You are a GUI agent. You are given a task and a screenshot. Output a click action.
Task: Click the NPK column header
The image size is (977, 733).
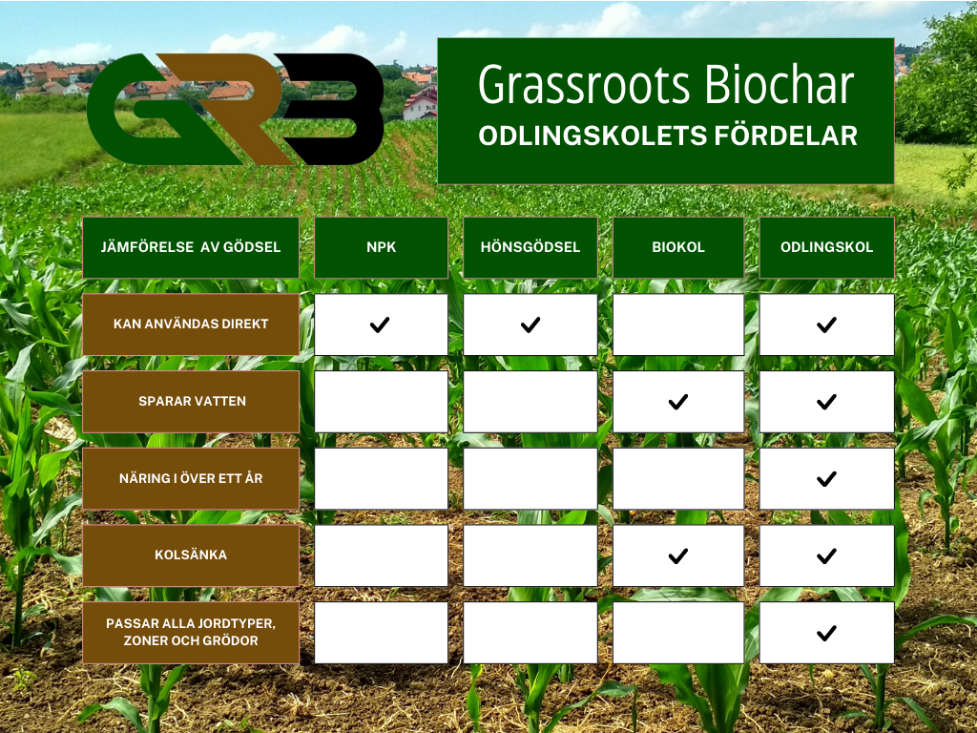[381, 247]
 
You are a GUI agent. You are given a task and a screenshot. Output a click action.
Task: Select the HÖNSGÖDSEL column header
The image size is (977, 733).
[530, 247]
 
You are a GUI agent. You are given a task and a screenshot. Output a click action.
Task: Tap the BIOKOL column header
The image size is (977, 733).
[678, 247]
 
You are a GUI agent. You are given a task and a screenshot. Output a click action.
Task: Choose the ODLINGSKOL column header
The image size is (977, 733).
[827, 247]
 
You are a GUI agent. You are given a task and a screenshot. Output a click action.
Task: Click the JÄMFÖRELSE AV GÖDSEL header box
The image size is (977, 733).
[191, 247]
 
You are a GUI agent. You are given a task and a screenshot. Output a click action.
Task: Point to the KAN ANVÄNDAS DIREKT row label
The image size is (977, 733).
[191, 325]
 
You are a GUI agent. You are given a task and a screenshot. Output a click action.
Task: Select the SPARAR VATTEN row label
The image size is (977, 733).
[191, 402]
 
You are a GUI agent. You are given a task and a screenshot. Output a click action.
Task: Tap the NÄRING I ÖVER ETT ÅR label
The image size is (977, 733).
[191, 479]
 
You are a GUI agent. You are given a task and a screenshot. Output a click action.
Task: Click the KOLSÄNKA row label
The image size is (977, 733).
[191, 555]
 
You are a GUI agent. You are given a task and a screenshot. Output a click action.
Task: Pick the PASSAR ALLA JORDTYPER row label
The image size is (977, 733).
[191, 633]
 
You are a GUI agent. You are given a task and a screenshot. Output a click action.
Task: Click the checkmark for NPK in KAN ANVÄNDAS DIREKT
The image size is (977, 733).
[380, 325]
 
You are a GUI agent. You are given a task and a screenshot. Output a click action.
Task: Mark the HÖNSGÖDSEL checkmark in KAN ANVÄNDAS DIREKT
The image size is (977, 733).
[530, 325]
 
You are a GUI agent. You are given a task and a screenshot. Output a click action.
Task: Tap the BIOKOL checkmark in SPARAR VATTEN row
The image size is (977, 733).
[678, 402]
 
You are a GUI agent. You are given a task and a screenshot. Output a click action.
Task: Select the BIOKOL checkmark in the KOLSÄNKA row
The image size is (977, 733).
[678, 556]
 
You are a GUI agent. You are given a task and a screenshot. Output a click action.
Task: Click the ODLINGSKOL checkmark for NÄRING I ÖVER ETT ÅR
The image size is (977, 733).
[826, 479]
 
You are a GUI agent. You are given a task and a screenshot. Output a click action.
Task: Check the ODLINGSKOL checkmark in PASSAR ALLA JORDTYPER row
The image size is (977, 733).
[826, 634]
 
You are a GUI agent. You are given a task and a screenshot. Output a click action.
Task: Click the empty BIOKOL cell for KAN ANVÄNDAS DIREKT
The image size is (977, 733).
[678, 325]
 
